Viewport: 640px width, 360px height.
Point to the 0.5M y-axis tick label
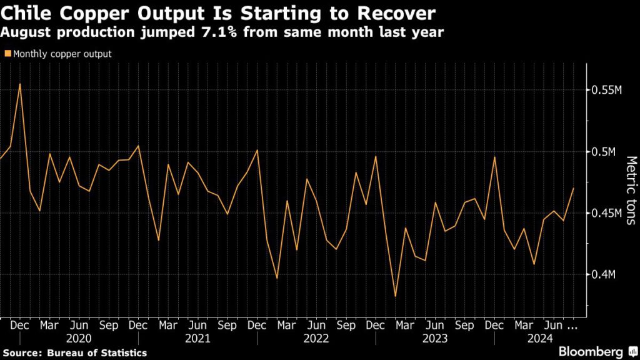(x=604, y=152)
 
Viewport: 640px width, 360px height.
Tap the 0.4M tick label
(x=604, y=274)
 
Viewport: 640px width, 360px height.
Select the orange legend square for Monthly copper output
(x=7, y=54)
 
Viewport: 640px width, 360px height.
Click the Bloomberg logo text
(x=591, y=351)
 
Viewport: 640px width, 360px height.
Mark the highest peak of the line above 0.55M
(x=20, y=84)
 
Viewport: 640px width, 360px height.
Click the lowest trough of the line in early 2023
(x=395, y=296)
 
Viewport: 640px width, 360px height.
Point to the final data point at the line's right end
(x=573, y=188)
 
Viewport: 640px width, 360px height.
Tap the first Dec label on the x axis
(x=19, y=325)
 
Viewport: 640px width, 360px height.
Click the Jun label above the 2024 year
(x=553, y=325)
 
